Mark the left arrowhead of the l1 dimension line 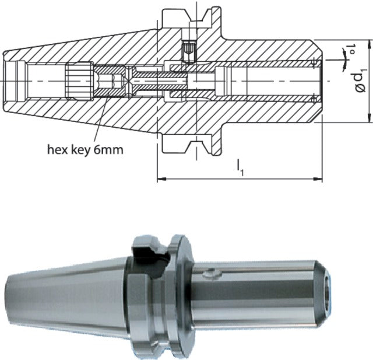point(161,179)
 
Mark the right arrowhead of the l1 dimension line point(319,179)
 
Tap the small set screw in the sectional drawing point(188,51)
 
